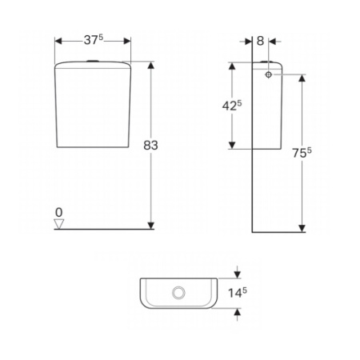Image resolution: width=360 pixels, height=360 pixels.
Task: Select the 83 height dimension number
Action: (151, 145)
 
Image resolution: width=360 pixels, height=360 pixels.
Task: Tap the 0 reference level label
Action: (59, 212)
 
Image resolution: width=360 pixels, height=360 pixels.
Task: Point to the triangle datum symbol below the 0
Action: (59, 224)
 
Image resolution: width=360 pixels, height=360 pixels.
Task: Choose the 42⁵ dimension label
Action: (232, 105)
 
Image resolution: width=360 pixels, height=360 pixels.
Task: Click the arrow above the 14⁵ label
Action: (236, 273)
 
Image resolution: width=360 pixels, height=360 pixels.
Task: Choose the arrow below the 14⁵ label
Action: (236, 312)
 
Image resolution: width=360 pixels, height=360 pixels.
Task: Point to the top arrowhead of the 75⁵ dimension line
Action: (302, 78)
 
